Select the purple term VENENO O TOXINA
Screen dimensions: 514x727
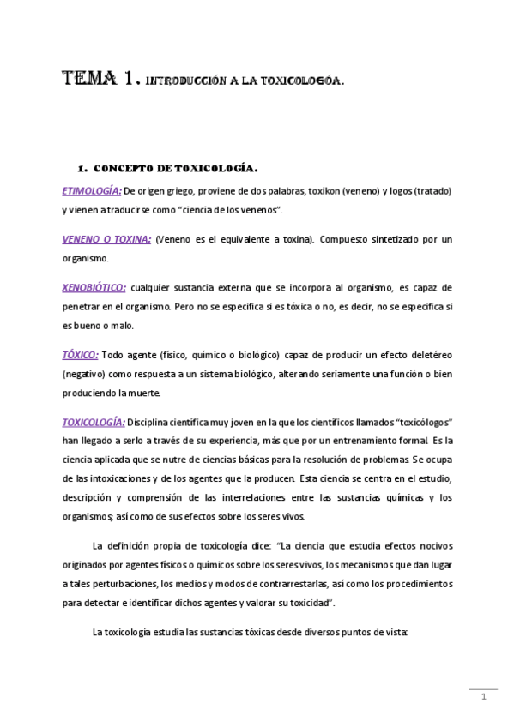click(x=106, y=239)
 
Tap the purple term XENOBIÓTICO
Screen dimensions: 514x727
click(x=94, y=288)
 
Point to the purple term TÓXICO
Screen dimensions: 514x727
click(x=81, y=353)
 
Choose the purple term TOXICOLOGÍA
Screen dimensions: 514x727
click(x=94, y=422)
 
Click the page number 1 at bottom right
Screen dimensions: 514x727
click(x=484, y=696)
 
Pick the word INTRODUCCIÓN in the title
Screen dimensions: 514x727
click(x=182, y=83)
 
